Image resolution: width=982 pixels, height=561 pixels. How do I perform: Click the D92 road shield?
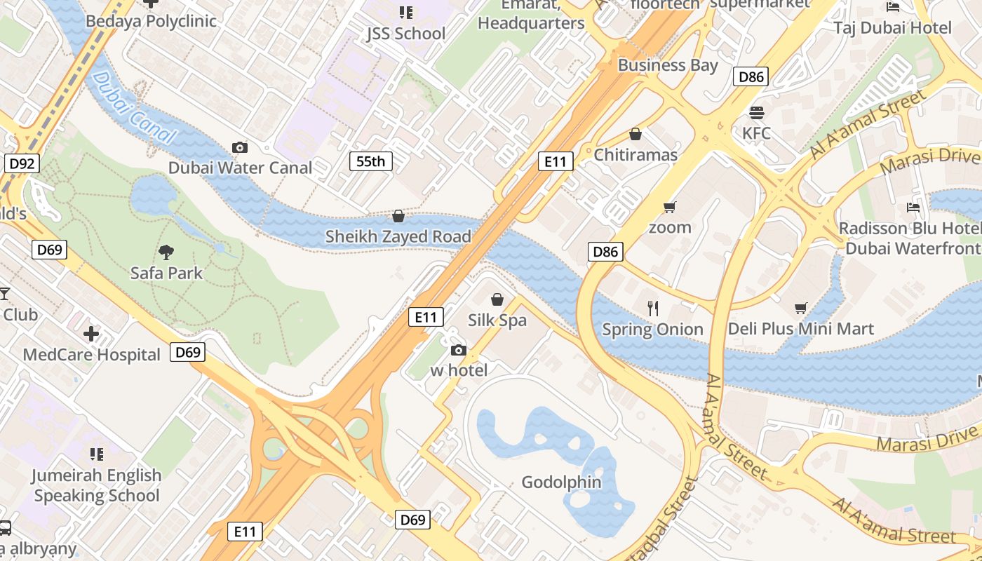click(22, 164)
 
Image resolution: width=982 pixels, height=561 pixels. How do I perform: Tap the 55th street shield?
click(370, 161)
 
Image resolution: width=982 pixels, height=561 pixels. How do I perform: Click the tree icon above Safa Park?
click(166, 252)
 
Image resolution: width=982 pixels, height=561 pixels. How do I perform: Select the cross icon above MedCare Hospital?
click(91, 334)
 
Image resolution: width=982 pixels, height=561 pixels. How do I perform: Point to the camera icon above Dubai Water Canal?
click(240, 147)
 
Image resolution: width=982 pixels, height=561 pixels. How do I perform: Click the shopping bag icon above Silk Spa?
click(497, 299)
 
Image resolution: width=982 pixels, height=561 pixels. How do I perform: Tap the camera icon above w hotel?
click(459, 350)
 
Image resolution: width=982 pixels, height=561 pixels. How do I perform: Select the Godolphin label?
click(561, 482)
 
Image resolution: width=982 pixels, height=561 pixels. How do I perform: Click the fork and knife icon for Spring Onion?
click(653, 308)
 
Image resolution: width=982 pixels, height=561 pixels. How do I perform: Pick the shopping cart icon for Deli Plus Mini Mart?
click(801, 308)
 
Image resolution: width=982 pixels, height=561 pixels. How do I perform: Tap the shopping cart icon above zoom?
click(669, 207)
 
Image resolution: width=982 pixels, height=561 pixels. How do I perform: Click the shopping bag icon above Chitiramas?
click(635, 134)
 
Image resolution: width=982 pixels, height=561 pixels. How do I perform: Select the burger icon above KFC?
click(756, 112)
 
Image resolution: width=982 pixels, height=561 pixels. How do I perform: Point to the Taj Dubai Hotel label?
click(892, 28)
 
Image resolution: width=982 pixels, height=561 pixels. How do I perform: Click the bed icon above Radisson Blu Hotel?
click(913, 208)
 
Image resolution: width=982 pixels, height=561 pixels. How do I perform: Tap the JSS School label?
click(405, 34)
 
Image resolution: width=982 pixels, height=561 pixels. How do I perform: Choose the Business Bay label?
click(668, 65)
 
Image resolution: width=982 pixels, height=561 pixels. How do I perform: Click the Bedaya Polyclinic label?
click(151, 21)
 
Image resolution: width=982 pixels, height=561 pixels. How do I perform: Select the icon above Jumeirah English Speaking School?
click(96, 454)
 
